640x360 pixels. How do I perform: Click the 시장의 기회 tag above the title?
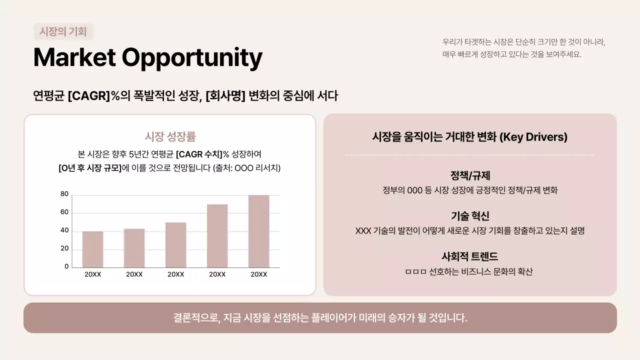coord(63,32)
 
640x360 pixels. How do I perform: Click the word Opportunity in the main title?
coord(192,57)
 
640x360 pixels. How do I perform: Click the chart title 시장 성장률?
coord(170,136)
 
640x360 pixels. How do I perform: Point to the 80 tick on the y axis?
coord(64,194)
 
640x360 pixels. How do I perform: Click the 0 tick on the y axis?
coord(66,266)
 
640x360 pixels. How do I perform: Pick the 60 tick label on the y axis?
coord(64,212)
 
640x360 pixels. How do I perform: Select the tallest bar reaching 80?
coord(258,231)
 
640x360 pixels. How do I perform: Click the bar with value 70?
coord(217,235)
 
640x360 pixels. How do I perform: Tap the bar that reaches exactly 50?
coord(175,245)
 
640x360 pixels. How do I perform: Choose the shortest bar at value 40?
coord(92,249)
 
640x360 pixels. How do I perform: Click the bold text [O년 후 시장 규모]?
coord(90,168)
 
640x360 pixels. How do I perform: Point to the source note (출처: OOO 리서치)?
coord(246,168)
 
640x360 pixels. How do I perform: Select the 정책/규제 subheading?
coord(470,176)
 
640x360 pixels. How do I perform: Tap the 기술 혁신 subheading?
coord(470,216)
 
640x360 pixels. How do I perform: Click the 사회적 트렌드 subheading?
coord(470,256)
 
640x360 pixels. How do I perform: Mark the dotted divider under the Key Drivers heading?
coord(470,155)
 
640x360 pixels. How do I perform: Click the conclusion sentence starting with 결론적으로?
coord(320,317)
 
